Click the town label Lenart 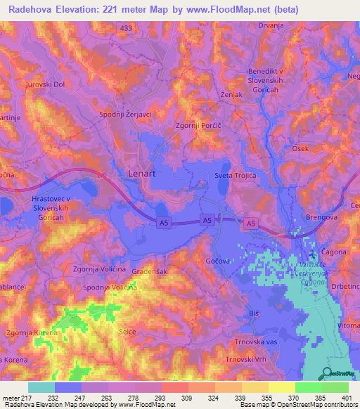[x=143, y=171]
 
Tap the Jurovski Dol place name [x=45, y=84]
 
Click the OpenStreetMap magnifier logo [x=327, y=375]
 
